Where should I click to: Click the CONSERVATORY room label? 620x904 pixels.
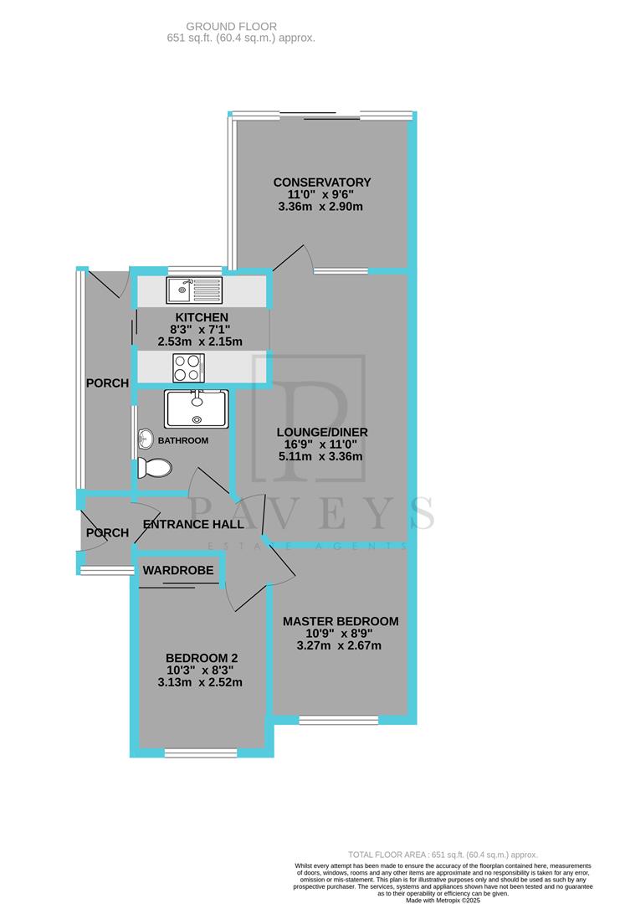coord(322,182)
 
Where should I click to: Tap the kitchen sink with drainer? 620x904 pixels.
coord(193,290)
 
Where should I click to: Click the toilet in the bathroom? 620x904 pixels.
coord(154,467)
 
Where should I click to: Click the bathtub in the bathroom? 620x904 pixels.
coord(197,408)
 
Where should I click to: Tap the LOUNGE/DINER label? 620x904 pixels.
coord(322,432)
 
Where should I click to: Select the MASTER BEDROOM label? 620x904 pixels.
coord(340,621)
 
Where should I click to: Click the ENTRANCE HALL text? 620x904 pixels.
coord(193,525)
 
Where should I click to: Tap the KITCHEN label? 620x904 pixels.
coord(201,317)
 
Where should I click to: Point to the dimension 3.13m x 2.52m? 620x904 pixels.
coord(201,681)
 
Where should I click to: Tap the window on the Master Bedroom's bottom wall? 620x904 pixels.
coord(339,719)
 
